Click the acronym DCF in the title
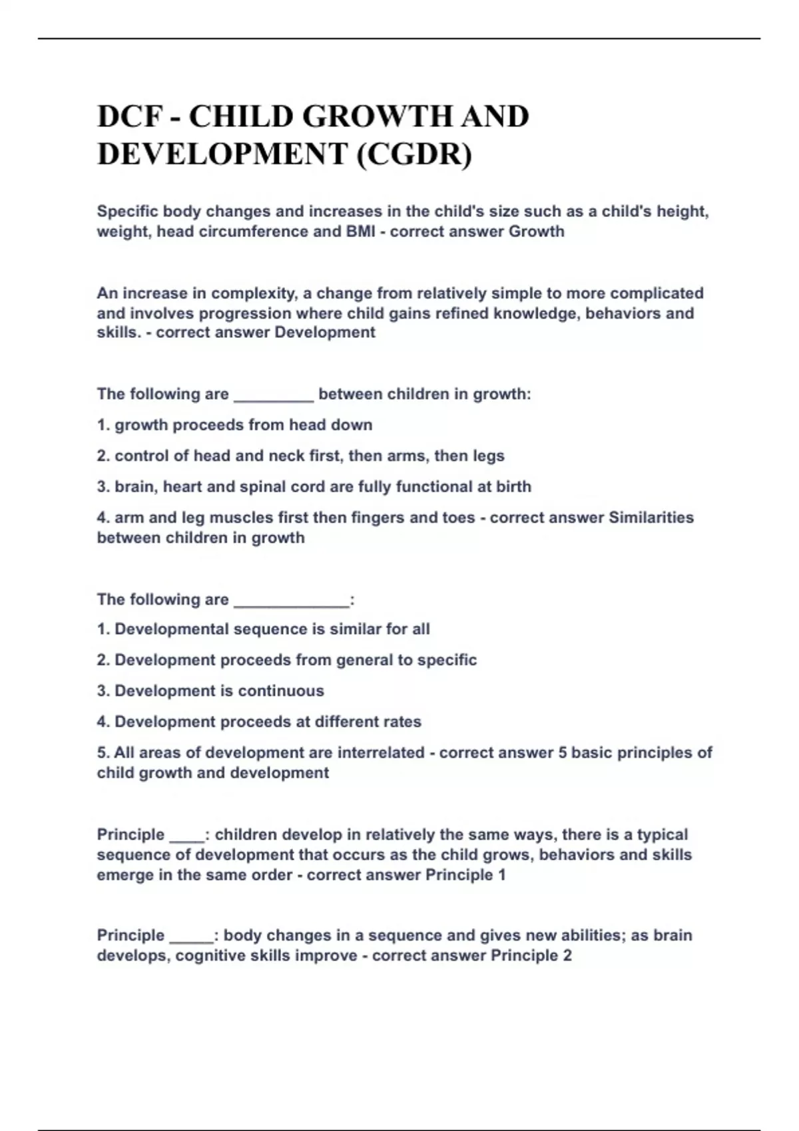click(131, 117)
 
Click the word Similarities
click(651, 518)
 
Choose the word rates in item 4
click(401, 722)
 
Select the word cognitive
click(207, 955)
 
